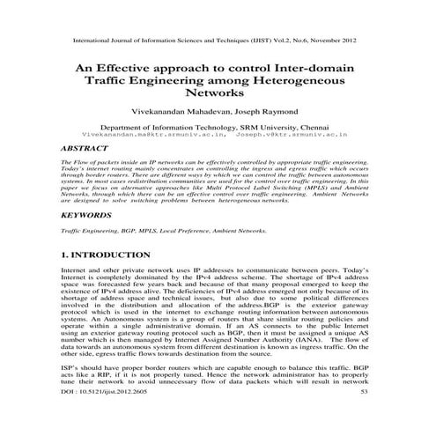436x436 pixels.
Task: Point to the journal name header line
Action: pyautogui.click(x=217, y=41)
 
